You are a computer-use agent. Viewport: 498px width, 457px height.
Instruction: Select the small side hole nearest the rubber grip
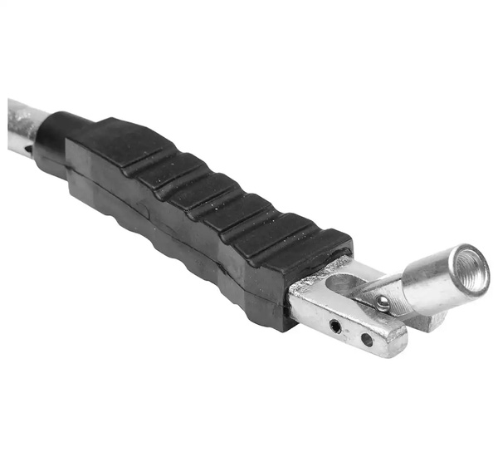tap(335, 326)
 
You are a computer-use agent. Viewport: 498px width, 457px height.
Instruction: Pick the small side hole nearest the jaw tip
tap(366, 339)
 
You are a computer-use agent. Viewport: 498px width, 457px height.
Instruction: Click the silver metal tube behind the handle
tap(20, 125)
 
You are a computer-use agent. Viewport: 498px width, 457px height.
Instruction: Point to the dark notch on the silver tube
tap(30, 150)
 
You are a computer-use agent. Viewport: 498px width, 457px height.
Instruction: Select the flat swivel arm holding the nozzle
tap(391, 290)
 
